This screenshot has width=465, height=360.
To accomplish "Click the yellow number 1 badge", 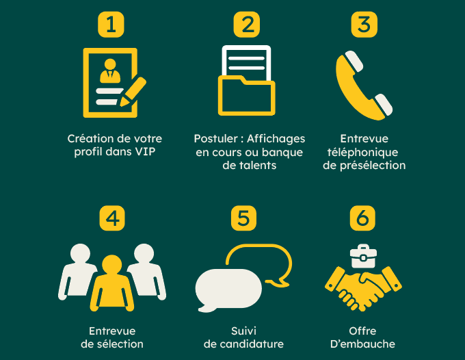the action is point(111,25).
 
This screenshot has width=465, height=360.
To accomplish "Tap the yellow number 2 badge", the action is point(246,25).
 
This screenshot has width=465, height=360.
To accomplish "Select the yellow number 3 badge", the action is point(364,25).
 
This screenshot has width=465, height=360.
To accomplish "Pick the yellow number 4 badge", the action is point(112,218).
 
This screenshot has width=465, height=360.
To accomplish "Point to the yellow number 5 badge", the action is point(243,218).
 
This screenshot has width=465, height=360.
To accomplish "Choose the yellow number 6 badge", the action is point(362,218).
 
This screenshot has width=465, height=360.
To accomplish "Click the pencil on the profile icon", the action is point(133,92).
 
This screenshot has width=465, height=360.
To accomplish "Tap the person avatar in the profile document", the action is point(110,71).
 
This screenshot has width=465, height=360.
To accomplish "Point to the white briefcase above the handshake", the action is point(363,256).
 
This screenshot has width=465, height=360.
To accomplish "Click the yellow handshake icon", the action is point(363,289).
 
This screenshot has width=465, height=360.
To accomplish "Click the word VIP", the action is point(145,152).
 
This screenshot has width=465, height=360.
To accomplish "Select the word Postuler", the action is point(215,139).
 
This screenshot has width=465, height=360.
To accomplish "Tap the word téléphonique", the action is point(362,152).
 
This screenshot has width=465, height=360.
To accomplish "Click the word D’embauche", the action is point(362,344).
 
